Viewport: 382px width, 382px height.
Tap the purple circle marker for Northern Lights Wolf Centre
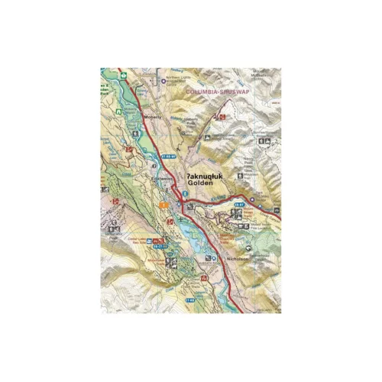163,79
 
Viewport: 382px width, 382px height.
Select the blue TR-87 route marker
238,205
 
